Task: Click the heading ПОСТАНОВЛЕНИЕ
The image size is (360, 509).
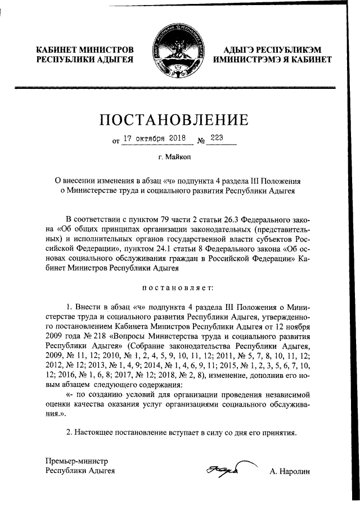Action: click(174, 120)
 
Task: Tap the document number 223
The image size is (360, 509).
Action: click(217, 137)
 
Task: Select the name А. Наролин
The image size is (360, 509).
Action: click(290, 471)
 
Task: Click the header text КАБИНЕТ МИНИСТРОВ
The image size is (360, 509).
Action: click(85, 49)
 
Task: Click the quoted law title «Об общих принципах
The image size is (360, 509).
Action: click(101, 229)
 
